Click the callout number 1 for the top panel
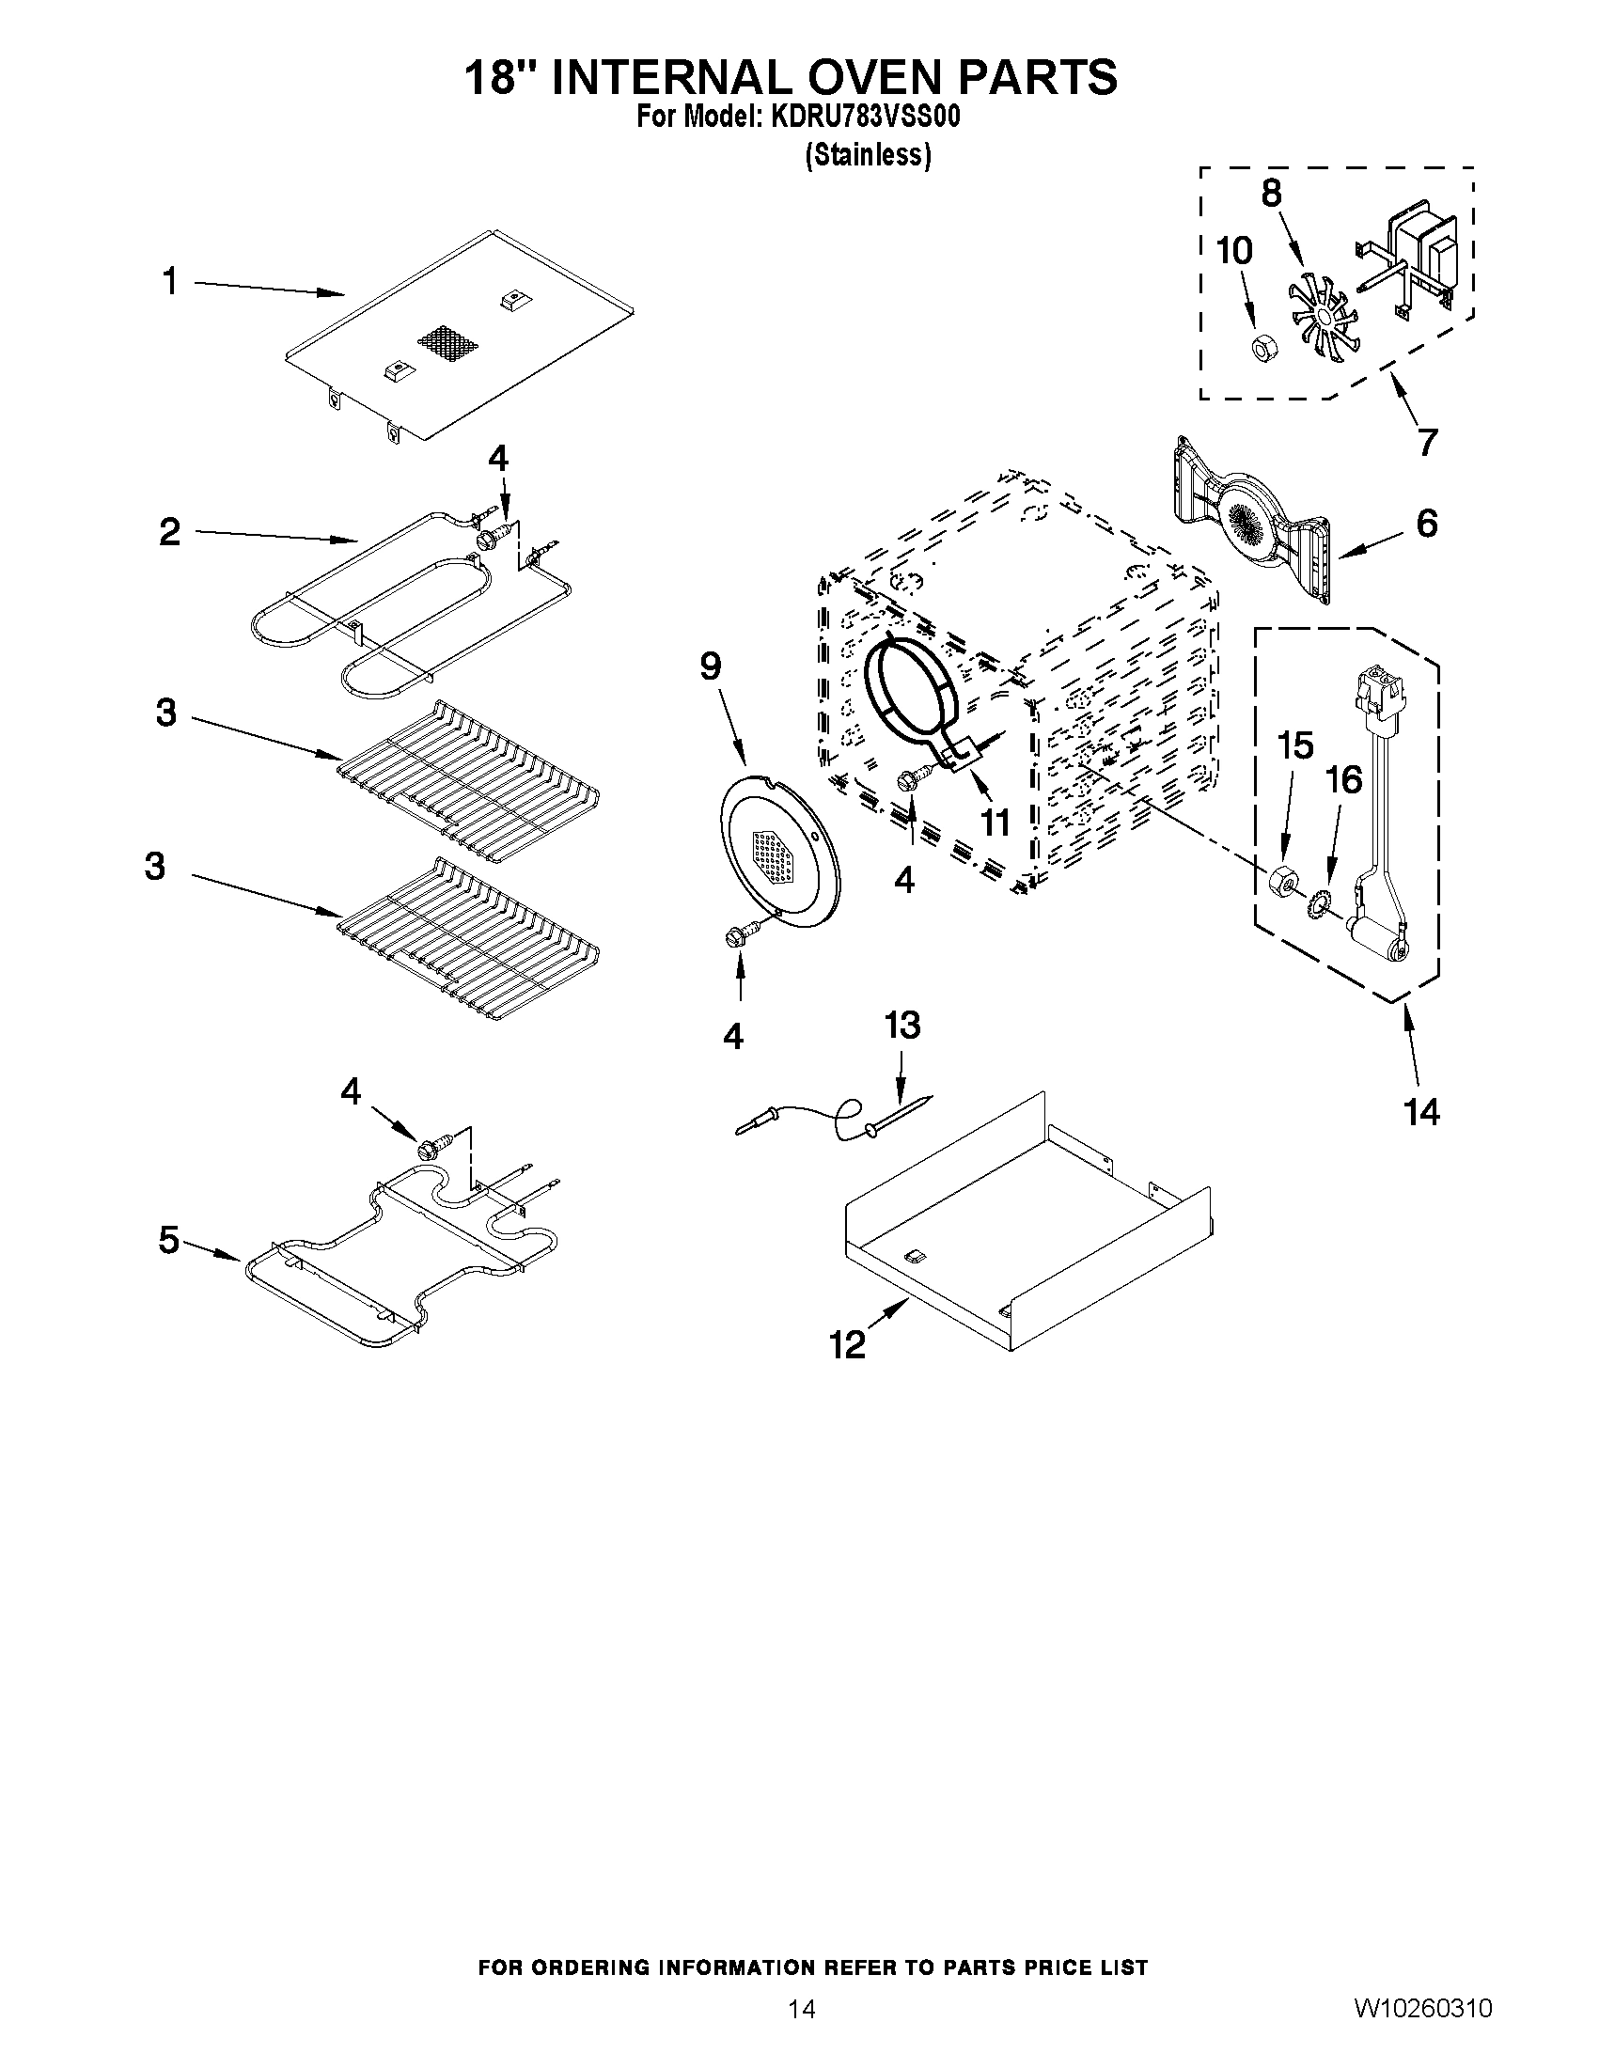point(169,281)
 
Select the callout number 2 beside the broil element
point(169,532)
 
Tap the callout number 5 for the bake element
point(168,1239)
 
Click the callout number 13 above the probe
point(901,1025)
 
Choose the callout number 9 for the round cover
point(711,666)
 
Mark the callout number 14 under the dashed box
point(1422,1111)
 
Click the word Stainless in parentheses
point(868,154)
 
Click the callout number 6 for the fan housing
point(1427,524)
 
